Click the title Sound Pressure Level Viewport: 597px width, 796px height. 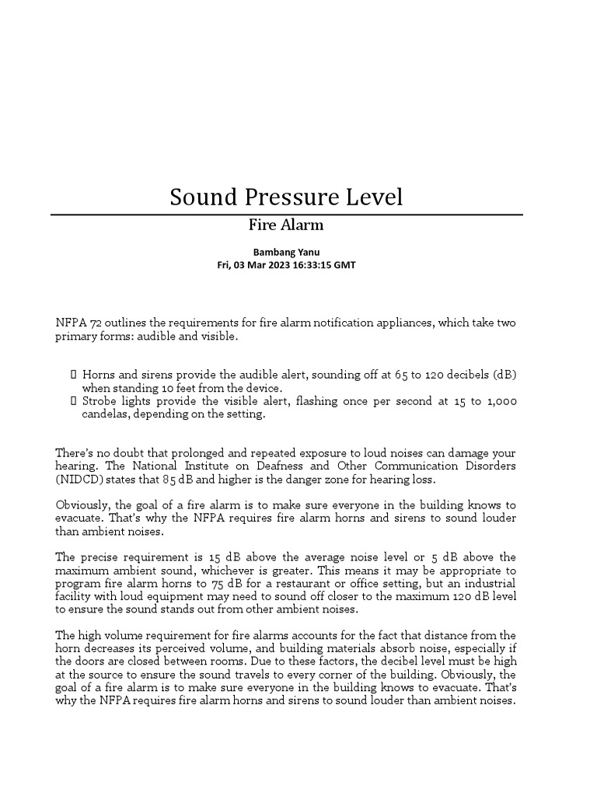[286, 197]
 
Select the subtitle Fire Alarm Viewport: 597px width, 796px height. [286, 225]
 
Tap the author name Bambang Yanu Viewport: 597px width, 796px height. [286, 252]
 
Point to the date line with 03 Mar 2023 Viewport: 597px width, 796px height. [286, 264]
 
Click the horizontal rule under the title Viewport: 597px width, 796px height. [286, 214]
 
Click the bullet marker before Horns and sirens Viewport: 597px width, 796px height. [74, 375]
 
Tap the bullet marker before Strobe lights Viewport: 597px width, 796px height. [74, 401]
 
